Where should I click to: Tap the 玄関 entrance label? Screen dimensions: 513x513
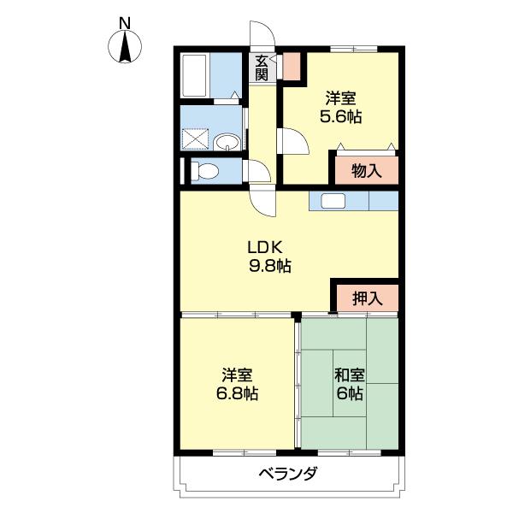pyautogui.click(x=262, y=68)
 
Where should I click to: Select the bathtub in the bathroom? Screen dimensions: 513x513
pyautogui.click(x=194, y=75)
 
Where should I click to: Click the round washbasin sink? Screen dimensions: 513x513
pyautogui.click(x=227, y=143)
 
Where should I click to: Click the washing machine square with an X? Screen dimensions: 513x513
pyautogui.click(x=195, y=139)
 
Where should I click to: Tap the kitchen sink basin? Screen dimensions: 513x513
pyautogui.click(x=333, y=200)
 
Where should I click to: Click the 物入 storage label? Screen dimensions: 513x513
pyautogui.click(x=367, y=171)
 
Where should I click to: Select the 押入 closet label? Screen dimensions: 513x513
pyautogui.click(x=368, y=298)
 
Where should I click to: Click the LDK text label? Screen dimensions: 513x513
pyautogui.click(x=265, y=248)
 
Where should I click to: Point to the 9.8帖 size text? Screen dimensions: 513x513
pyautogui.click(x=270, y=266)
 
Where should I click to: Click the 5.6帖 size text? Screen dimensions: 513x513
pyautogui.click(x=340, y=116)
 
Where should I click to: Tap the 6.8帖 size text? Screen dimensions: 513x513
pyautogui.click(x=237, y=393)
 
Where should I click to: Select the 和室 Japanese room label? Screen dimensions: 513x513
pyautogui.click(x=349, y=375)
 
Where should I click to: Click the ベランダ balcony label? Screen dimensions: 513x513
pyautogui.click(x=288, y=473)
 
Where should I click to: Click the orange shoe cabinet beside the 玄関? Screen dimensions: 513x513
pyautogui.click(x=292, y=67)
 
